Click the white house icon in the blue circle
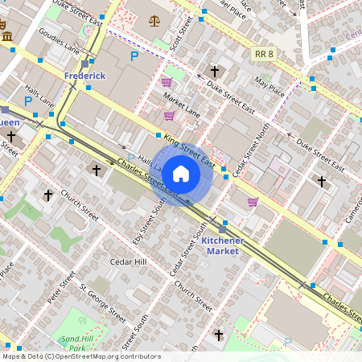[x=181, y=173]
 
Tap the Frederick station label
[x=84, y=75]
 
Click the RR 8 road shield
[x=263, y=54]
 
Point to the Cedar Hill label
[x=129, y=262]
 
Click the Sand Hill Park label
[x=77, y=343]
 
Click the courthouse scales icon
[x=154, y=17]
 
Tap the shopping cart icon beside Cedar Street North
[x=253, y=201]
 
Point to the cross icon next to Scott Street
[x=214, y=71]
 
